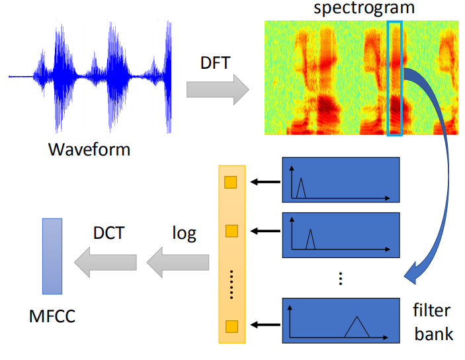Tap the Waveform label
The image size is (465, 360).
click(x=89, y=149)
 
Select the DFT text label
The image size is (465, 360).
click(x=216, y=64)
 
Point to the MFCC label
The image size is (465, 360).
click(x=52, y=316)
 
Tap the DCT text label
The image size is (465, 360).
click(x=110, y=234)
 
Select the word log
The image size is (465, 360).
click(x=184, y=234)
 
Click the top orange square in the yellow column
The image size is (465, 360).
click(x=231, y=183)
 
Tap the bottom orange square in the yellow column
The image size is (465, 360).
click(x=231, y=326)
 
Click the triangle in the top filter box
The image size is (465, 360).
click(x=301, y=189)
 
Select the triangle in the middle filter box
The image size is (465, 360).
click(x=310, y=240)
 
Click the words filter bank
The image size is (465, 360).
click(x=433, y=322)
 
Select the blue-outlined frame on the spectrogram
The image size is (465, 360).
click(x=394, y=79)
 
